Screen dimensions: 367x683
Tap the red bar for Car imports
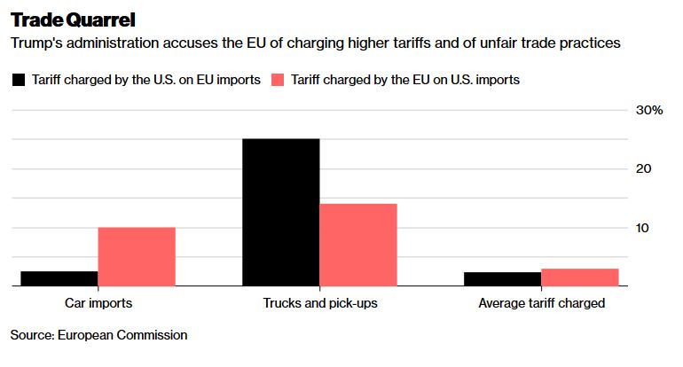pos(136,257)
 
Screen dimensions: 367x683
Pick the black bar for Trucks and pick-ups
pos(280,213)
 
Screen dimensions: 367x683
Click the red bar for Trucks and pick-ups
pos(357,245)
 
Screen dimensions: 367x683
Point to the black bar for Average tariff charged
pos(502,279)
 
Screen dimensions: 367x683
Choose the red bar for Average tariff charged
pos(579,277)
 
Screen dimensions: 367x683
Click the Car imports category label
pos(98,303)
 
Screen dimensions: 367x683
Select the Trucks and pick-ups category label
pos(320,303)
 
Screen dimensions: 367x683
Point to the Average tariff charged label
pos(541,303)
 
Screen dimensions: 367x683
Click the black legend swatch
pos(19,80)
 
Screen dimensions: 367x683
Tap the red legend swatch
pos(278,80)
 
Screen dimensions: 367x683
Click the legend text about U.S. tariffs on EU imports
pos(146,80)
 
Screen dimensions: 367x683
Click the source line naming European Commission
pos(99,335)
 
